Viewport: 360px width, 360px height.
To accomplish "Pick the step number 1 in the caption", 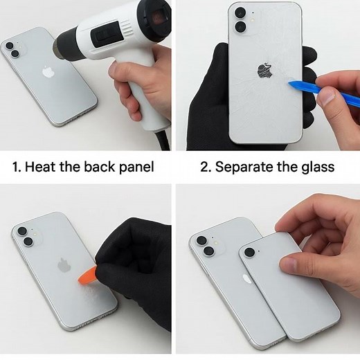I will pos(17,167).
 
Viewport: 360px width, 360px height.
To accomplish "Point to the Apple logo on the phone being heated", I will pos(48,71).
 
